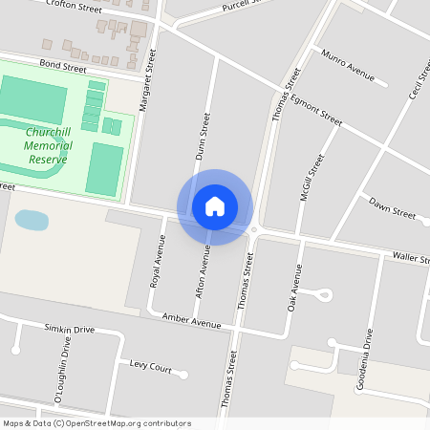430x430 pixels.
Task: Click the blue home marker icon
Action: [x=214, y=206]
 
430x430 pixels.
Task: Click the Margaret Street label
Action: [x=147, y=83]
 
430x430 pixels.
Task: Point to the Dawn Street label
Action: [x=392, y=210]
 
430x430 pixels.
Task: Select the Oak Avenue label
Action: [x=294, y=289]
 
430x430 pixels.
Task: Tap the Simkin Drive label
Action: [x=70, y=329]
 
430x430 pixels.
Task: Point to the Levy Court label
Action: [x=149, y=368]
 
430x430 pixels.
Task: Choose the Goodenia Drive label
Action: [x=367, y=358]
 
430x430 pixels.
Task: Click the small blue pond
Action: [x=32, y=220]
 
